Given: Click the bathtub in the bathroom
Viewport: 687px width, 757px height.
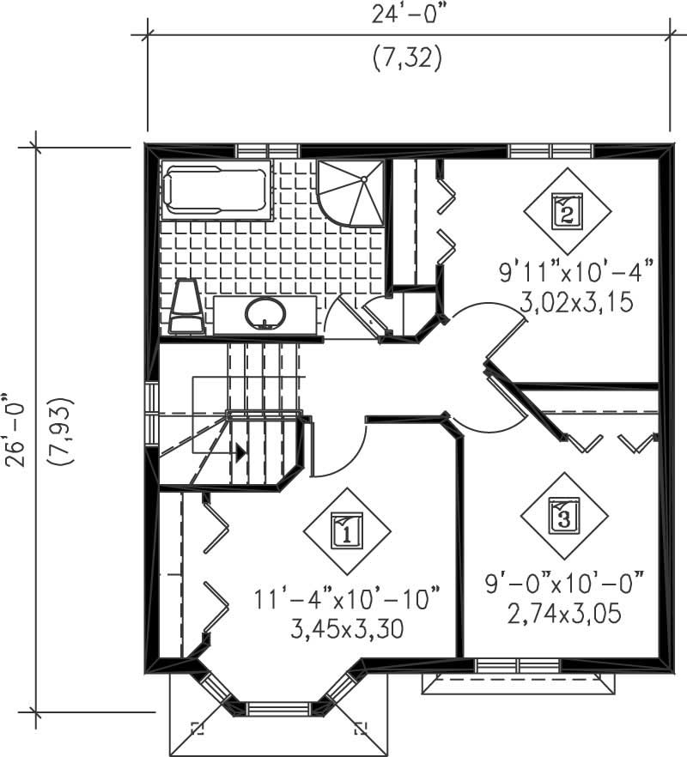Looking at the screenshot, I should (216, 190).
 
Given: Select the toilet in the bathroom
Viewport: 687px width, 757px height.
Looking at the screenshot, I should (186, 308).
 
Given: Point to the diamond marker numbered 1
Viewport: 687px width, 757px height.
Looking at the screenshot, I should (346, 531).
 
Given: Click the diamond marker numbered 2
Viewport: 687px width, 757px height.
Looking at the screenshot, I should (567, 209).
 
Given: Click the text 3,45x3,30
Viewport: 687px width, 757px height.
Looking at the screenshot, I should (347, 630).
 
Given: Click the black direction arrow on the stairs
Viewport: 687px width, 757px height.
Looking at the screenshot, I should (241, 451).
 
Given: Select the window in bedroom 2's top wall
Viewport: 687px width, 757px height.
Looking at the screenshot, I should (550, 151).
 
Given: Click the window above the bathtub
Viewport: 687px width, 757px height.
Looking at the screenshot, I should (254, 151).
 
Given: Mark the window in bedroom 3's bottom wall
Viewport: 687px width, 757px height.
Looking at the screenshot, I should (518, 664).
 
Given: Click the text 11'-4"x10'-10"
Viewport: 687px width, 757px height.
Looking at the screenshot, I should (347, 597).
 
